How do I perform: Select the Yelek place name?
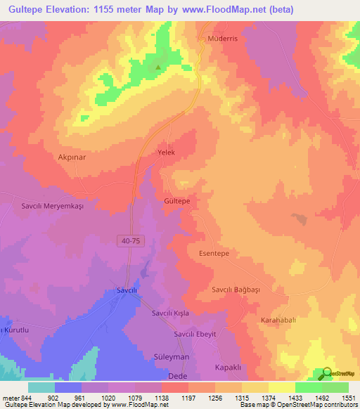166,152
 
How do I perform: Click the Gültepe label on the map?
177,200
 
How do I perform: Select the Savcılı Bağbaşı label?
239,290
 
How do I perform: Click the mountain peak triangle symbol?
158,68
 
